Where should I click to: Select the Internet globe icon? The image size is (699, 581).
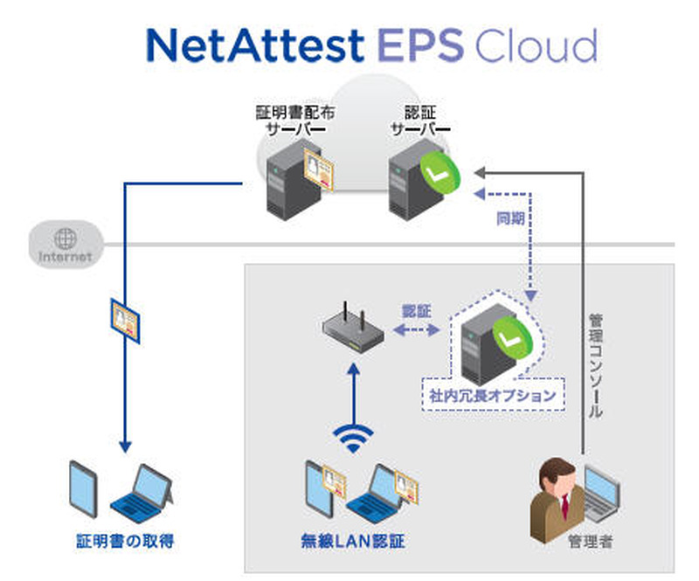(65, 238)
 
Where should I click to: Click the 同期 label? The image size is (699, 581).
(509, 218)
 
